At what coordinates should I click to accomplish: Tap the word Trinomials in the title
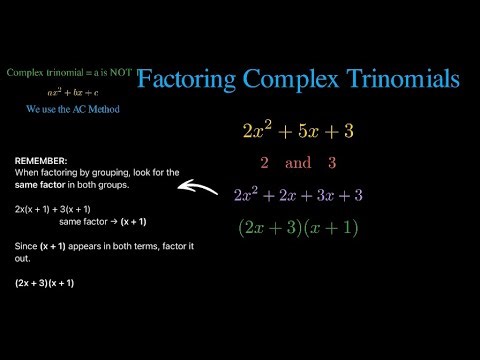click(404, 78)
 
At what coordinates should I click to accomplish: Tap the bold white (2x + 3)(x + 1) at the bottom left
click(44, 283)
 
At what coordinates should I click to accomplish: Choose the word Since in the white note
click(25, 246)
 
